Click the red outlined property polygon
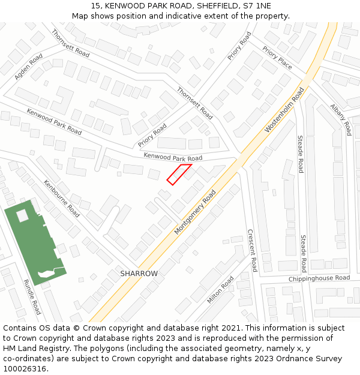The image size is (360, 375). tap(179, 174)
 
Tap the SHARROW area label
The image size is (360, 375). tap(139, 274)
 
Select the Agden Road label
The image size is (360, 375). tap(28, 67)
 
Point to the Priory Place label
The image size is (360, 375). tap(277, 58)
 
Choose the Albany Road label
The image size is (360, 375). tap(340, 119)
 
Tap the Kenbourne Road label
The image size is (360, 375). tap(61, 198)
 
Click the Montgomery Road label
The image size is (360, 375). tap(195, 213)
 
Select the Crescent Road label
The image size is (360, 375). tap(252, 250)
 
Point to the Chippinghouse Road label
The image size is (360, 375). tap(319, 278)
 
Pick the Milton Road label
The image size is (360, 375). tap(220, 290)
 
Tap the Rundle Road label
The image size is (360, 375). tap(32, 296)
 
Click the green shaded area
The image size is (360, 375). tap(33, 240)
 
